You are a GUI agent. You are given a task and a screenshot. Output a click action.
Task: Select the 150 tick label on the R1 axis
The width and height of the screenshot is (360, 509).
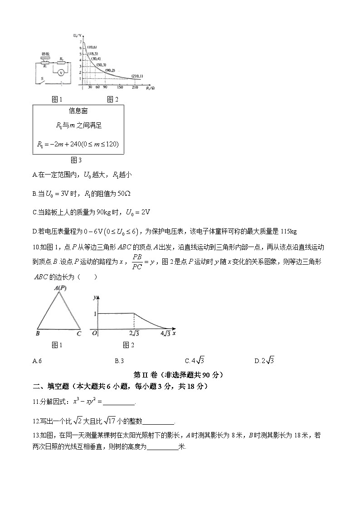click(120, 87)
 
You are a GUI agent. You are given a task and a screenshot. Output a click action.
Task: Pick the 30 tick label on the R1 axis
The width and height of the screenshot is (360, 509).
click(90, 87)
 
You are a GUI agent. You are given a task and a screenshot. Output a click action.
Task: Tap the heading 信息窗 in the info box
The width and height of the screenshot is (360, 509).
click(78, 111)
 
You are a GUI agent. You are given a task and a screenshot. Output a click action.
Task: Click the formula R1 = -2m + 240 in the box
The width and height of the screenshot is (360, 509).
click(78, 144)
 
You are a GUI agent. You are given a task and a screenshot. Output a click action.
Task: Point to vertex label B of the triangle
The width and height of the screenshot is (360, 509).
click(37, 334)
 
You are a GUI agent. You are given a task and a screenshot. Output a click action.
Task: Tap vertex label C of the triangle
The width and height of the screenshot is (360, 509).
click(79, 334)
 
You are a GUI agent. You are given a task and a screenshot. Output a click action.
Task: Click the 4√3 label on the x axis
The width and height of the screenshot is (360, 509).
click(166, 334)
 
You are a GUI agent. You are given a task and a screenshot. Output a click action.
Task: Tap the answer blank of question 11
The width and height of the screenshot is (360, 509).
click(119, 402)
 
